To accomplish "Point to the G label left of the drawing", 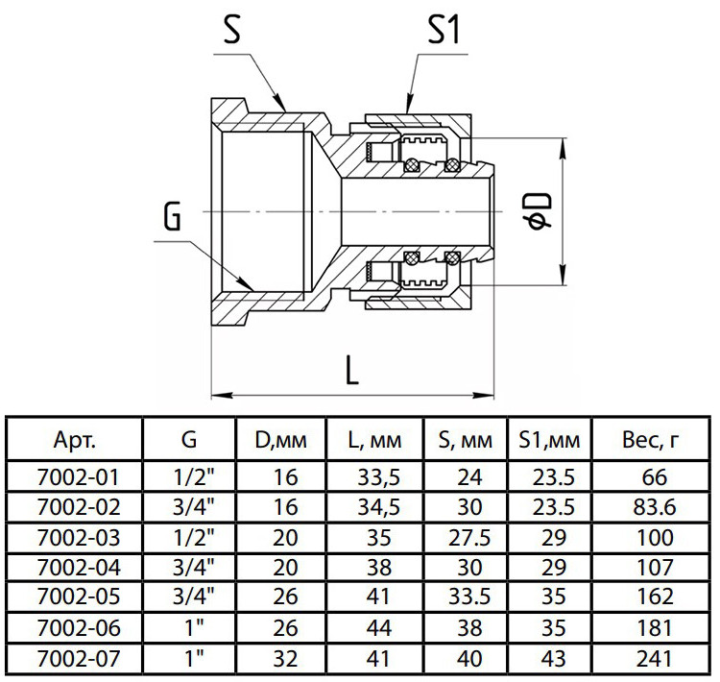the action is click(173, 216).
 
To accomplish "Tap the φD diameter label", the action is click(540, 211).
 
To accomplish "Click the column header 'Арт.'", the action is click(75, 440).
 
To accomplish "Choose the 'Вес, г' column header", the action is click(650, 441).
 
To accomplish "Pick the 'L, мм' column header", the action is click(374, 441).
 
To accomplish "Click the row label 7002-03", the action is click(79, 538).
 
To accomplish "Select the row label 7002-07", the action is click(79, 659).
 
